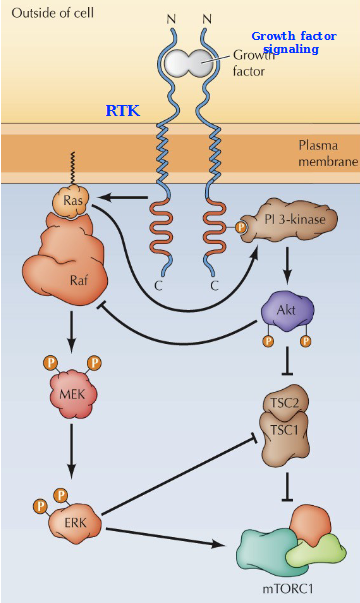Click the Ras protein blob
tap(72, 202)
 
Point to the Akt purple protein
tap(285, 310)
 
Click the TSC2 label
tap(285, 405)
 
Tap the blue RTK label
tap(123, 111)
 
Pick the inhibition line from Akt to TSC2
tap(287, 358)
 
